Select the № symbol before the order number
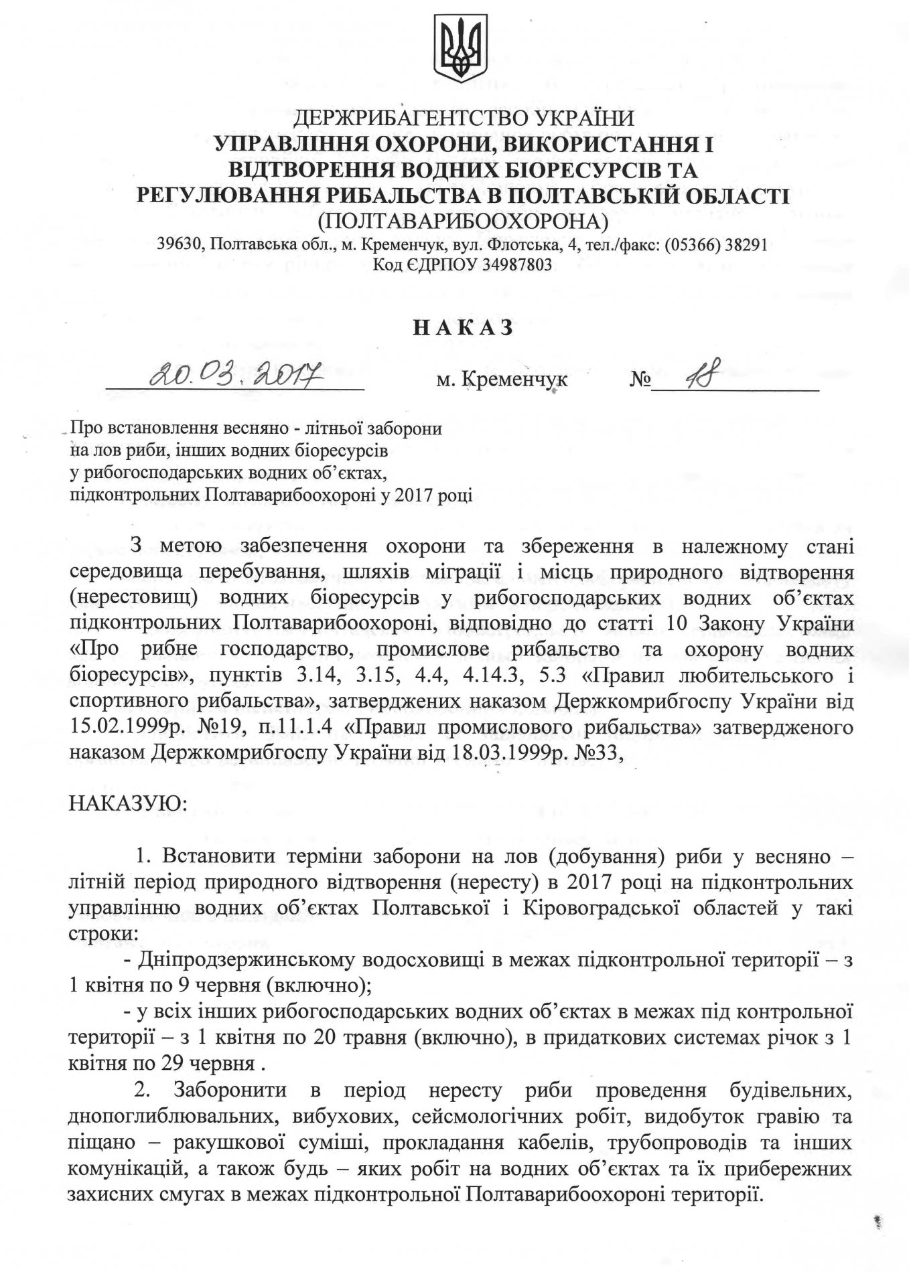(x=640, y=380)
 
